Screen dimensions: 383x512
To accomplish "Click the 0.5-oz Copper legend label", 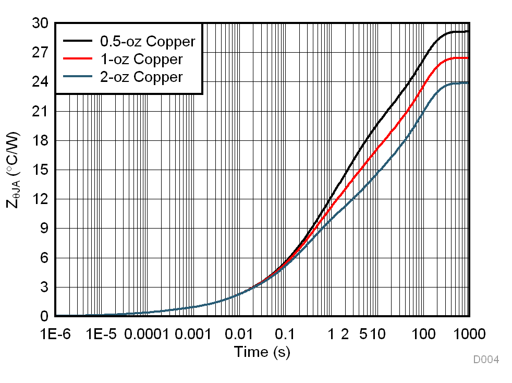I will point(148,41).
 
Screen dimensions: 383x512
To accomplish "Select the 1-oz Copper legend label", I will point(141,59).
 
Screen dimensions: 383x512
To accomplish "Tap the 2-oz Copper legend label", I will point(141,77).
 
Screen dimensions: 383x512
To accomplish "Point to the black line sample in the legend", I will point(77,41).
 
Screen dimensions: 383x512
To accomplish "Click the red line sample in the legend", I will point(77,59).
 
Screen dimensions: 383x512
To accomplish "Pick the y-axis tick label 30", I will point(40,23).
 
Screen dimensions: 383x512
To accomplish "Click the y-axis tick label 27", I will point(40,53).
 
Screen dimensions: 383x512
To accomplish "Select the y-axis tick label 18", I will point(40,141).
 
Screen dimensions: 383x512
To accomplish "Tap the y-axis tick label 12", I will point(40,199).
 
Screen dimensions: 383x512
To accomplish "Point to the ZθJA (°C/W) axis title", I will point(14,170).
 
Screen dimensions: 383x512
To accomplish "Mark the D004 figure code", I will point(486,360).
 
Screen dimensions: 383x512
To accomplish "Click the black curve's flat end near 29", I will point(459,32).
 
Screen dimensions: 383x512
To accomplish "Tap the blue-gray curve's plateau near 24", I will point(459,83).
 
